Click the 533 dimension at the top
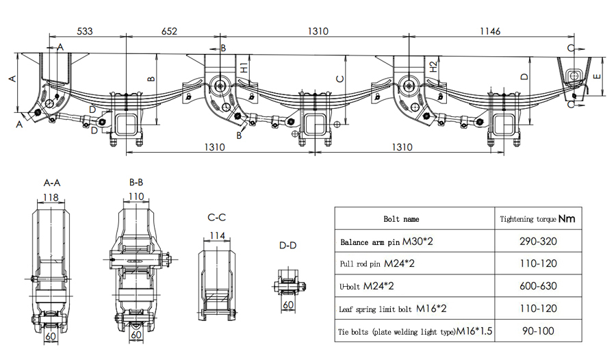[x=84, y=31]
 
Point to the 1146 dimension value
[x=490, y=31]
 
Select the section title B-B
[x=136, y=183]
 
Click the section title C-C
[x=217, y=218]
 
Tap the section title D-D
[x=288, y=245]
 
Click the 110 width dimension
[x=136, y=197]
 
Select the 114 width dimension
[x=217, y=235]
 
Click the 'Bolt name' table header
[x=402, y=219]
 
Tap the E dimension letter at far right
[x=598, y=77]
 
